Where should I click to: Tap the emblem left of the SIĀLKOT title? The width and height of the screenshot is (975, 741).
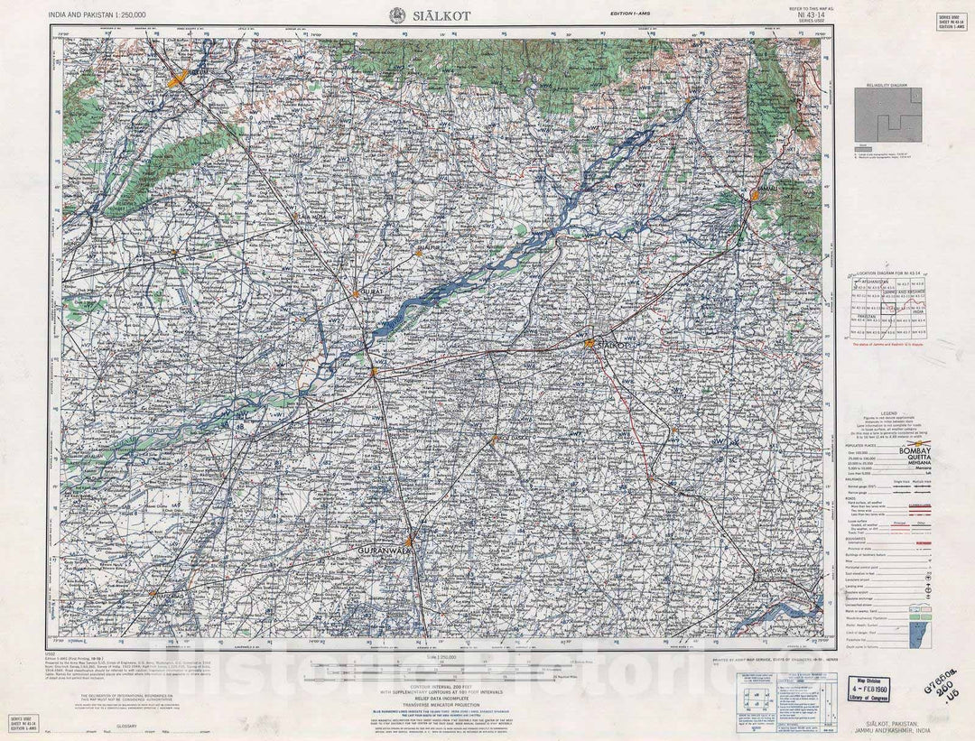click(x=396, y=15)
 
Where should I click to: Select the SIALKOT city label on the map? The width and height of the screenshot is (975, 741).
click(x=612, y=345)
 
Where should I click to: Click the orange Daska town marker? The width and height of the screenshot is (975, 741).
click(x=494, y=440)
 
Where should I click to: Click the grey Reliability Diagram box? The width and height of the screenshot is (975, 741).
click(x=888, y=116)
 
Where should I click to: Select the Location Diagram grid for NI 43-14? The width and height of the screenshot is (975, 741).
click(x=887, y=307)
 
